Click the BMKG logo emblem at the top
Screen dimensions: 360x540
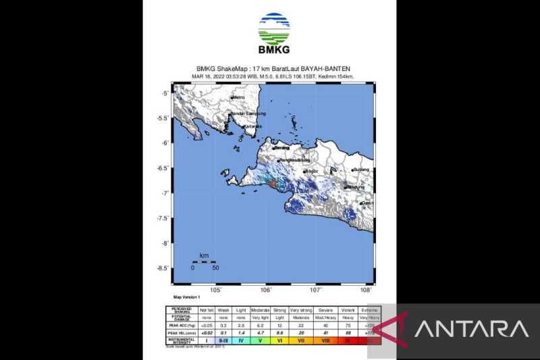274,28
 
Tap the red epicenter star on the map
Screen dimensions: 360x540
271,182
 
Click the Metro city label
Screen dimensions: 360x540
238,98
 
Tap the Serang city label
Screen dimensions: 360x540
281,147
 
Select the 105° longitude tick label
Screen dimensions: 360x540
216,290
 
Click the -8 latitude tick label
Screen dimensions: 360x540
164,243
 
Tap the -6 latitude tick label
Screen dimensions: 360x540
164,143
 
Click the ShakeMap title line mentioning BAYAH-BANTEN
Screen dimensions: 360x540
274,68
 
